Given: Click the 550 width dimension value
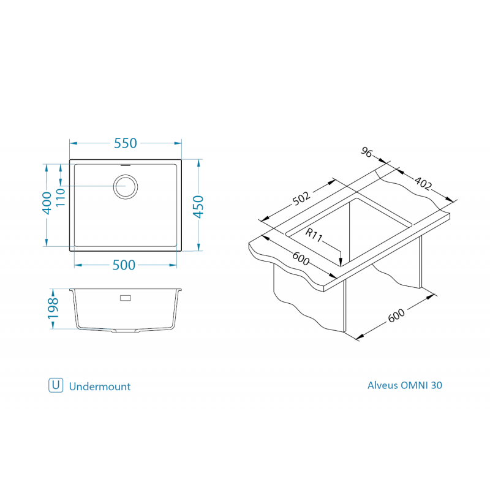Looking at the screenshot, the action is pos(126,143).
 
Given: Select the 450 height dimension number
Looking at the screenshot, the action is pos(198,206).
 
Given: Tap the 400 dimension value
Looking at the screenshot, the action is pos(47,203).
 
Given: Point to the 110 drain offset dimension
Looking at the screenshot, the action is pos(60,197).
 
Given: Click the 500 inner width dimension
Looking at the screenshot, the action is pos(124,265).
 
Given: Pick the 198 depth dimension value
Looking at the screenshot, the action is pos(53,309).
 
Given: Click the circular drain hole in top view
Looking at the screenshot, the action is pos(126,187).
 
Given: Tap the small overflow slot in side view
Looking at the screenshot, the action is pos(126,298).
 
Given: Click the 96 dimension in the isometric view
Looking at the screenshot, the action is pos(367,152).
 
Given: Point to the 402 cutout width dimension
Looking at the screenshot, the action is pos(423,183).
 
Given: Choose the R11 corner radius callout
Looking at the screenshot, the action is pos(314,235).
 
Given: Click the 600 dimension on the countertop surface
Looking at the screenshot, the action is pos(301,258).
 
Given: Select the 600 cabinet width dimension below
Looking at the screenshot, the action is pos(396,315).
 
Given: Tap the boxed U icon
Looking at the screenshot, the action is pos(56,385).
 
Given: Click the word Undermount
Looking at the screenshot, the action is pos(100,386).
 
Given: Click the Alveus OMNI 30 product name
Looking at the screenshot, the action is pos(405,385).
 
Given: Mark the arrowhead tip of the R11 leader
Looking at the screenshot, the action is pos(341,266).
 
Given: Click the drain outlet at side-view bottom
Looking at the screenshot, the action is pos(126,331).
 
